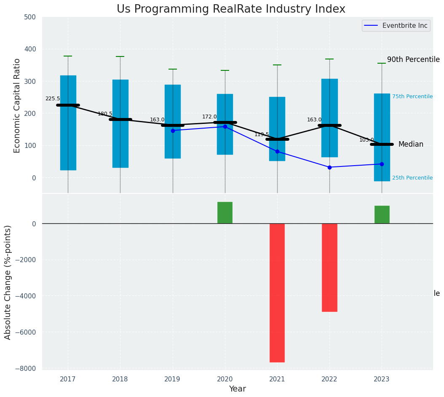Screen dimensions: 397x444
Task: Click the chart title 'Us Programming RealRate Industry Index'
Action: click(x=231, y=9)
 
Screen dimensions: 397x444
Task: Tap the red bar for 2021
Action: click(x=277, y=292)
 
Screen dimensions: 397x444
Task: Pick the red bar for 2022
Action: click(x=329, y=267)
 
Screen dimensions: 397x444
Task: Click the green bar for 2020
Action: click(x=225, y=212)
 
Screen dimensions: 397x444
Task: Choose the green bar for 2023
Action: click(x=382, y=215)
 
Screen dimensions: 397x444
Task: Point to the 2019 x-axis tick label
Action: click(x=172, y=379)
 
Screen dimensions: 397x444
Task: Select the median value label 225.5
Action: click(x=53, y=99)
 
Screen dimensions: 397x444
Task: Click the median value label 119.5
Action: click(x=262, y=134)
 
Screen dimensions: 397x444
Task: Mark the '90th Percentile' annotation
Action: click(x=413, y=60)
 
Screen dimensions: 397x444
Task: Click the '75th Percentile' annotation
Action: click(x=412, y=97)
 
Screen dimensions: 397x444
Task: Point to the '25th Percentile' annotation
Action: click(x=412, y=178)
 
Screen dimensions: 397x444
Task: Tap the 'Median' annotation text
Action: click(x=411, y=144)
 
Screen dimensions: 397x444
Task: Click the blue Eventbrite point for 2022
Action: click(x=329, y=167)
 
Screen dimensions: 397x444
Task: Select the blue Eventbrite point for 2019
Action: click(x=173, y=131)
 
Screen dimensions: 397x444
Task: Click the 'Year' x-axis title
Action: click(x=237, y=389)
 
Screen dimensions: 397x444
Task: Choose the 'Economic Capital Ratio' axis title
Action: click(x=17, y=105)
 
